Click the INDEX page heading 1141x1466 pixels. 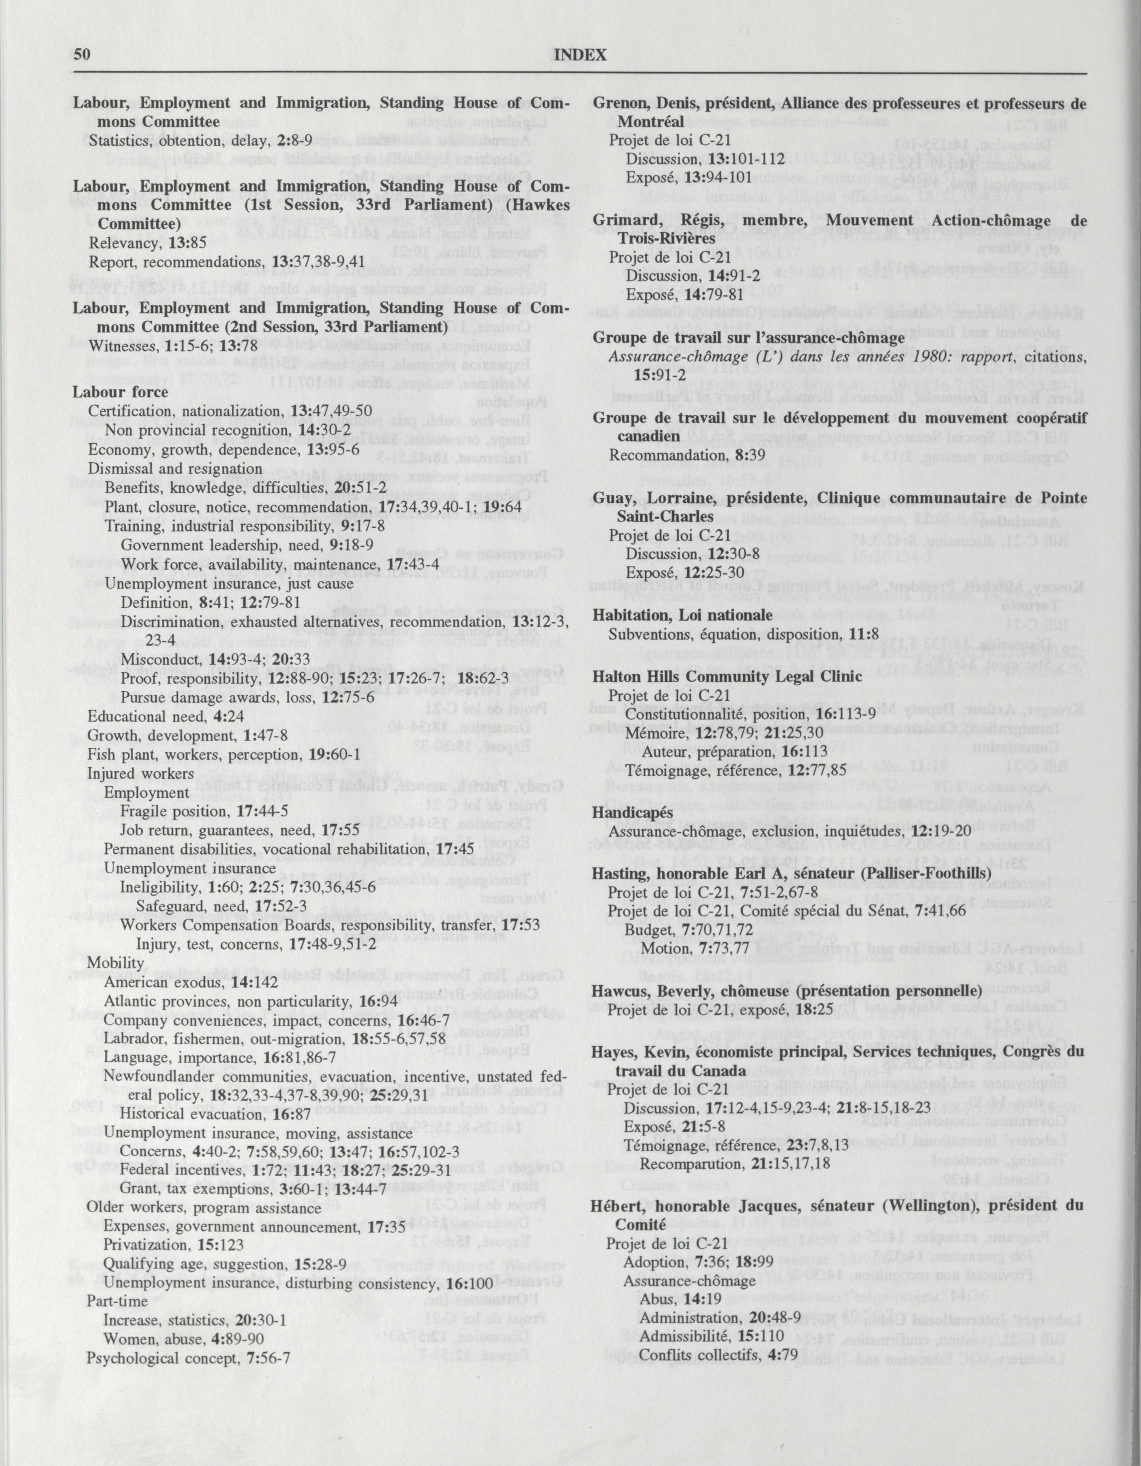tap(581, 56)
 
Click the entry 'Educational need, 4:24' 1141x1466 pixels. tap(157, 717)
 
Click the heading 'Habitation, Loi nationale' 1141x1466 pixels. tap(683, 615)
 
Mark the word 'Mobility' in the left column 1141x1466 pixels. tap(115, 963)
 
